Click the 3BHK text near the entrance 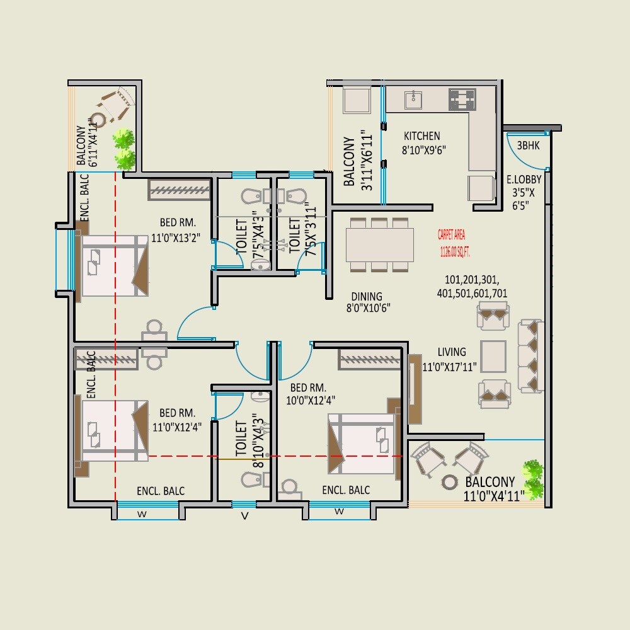coord(527,146)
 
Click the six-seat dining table coord(379,245)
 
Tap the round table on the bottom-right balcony coord(450,482)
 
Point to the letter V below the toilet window coord(244,517)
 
